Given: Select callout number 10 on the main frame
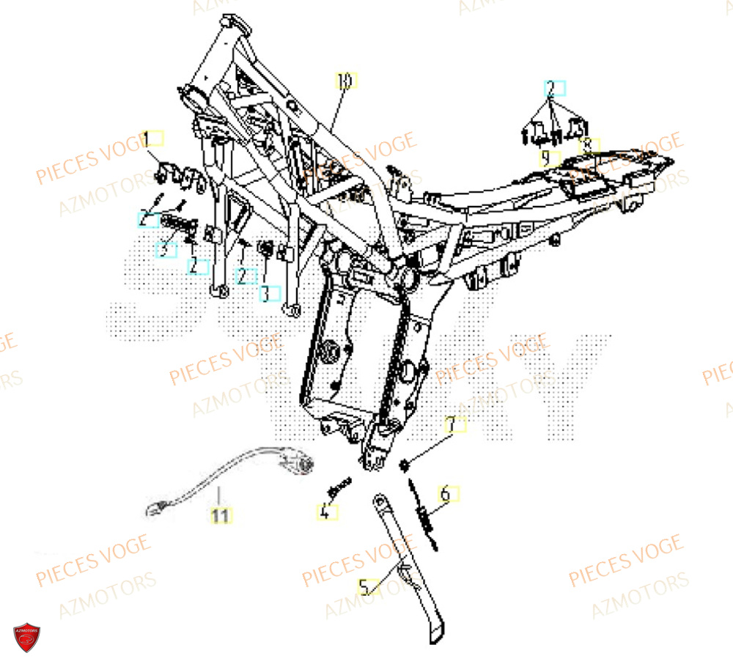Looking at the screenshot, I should coord(346,81).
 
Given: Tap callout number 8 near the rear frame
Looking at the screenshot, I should coord(589,145).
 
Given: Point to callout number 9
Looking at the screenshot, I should coord(547,158).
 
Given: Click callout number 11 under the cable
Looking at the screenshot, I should coord(220,515).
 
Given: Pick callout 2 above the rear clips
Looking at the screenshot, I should coord(554,89).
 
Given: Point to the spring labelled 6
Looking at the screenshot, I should coord(425,513).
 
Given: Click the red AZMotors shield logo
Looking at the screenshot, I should coord(26,635).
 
